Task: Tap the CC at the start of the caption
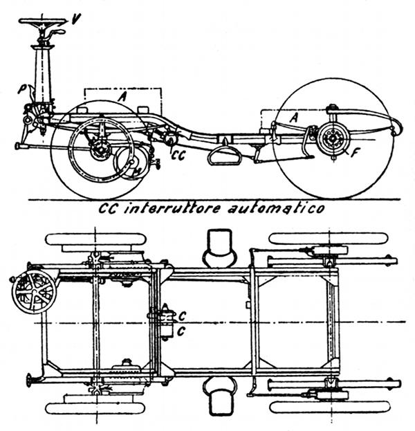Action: [104, 208]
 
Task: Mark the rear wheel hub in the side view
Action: [332, 138]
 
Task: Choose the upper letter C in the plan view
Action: [182, 315]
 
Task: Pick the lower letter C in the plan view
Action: [182, 331]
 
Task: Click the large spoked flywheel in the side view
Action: [100, 148]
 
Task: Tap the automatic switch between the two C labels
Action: [166, 322]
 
